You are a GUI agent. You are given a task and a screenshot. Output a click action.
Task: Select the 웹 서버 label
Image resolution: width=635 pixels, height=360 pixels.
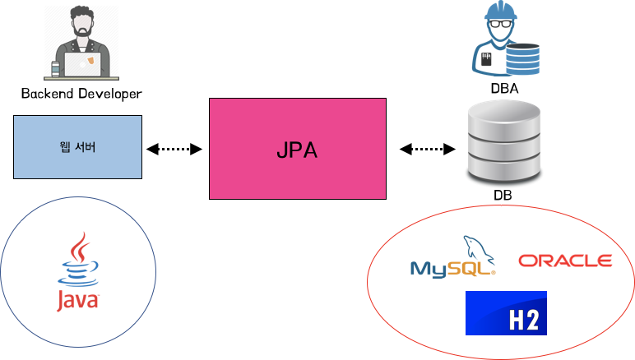(x=77, y=148)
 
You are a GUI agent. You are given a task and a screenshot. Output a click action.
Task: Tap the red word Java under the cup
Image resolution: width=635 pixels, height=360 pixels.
(x=77, y=300)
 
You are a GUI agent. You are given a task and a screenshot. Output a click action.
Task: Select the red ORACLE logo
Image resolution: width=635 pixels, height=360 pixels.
(x=566, y=261)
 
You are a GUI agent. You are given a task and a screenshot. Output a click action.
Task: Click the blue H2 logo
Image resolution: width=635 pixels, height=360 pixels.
(x=506, y=313)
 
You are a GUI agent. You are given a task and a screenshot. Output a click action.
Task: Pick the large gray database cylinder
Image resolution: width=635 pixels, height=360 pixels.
(x=504, y=141)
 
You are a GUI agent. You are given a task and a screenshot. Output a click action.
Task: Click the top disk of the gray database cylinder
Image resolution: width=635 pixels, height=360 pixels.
(x=504, y=112)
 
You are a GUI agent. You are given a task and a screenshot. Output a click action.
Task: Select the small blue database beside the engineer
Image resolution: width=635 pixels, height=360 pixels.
(x=522, y=59)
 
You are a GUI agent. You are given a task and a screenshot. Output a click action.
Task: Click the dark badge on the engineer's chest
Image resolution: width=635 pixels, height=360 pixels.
(x=487, y=60)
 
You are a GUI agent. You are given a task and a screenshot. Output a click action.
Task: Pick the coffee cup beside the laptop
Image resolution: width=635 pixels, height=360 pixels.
(x=56, y=69)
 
